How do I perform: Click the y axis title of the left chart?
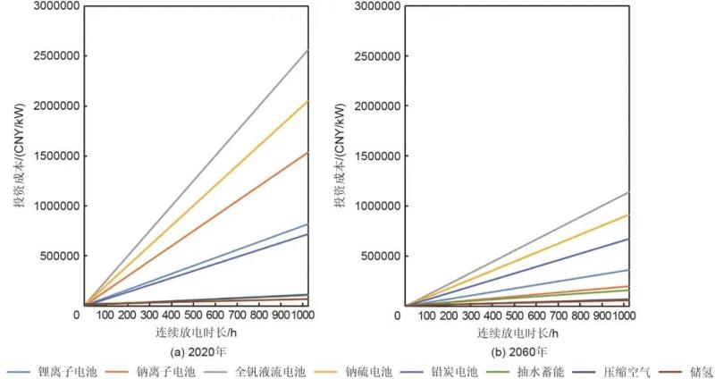[15, 157]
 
